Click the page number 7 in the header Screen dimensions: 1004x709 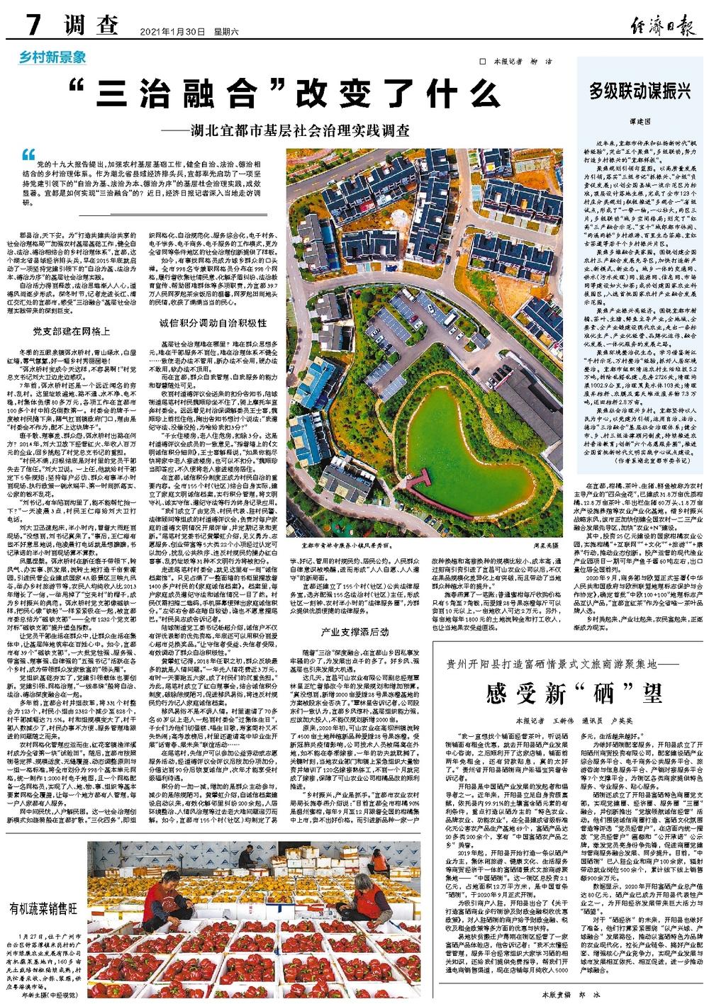click(x=33, y=27)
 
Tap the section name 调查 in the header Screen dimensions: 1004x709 click(x=88, y=28)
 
